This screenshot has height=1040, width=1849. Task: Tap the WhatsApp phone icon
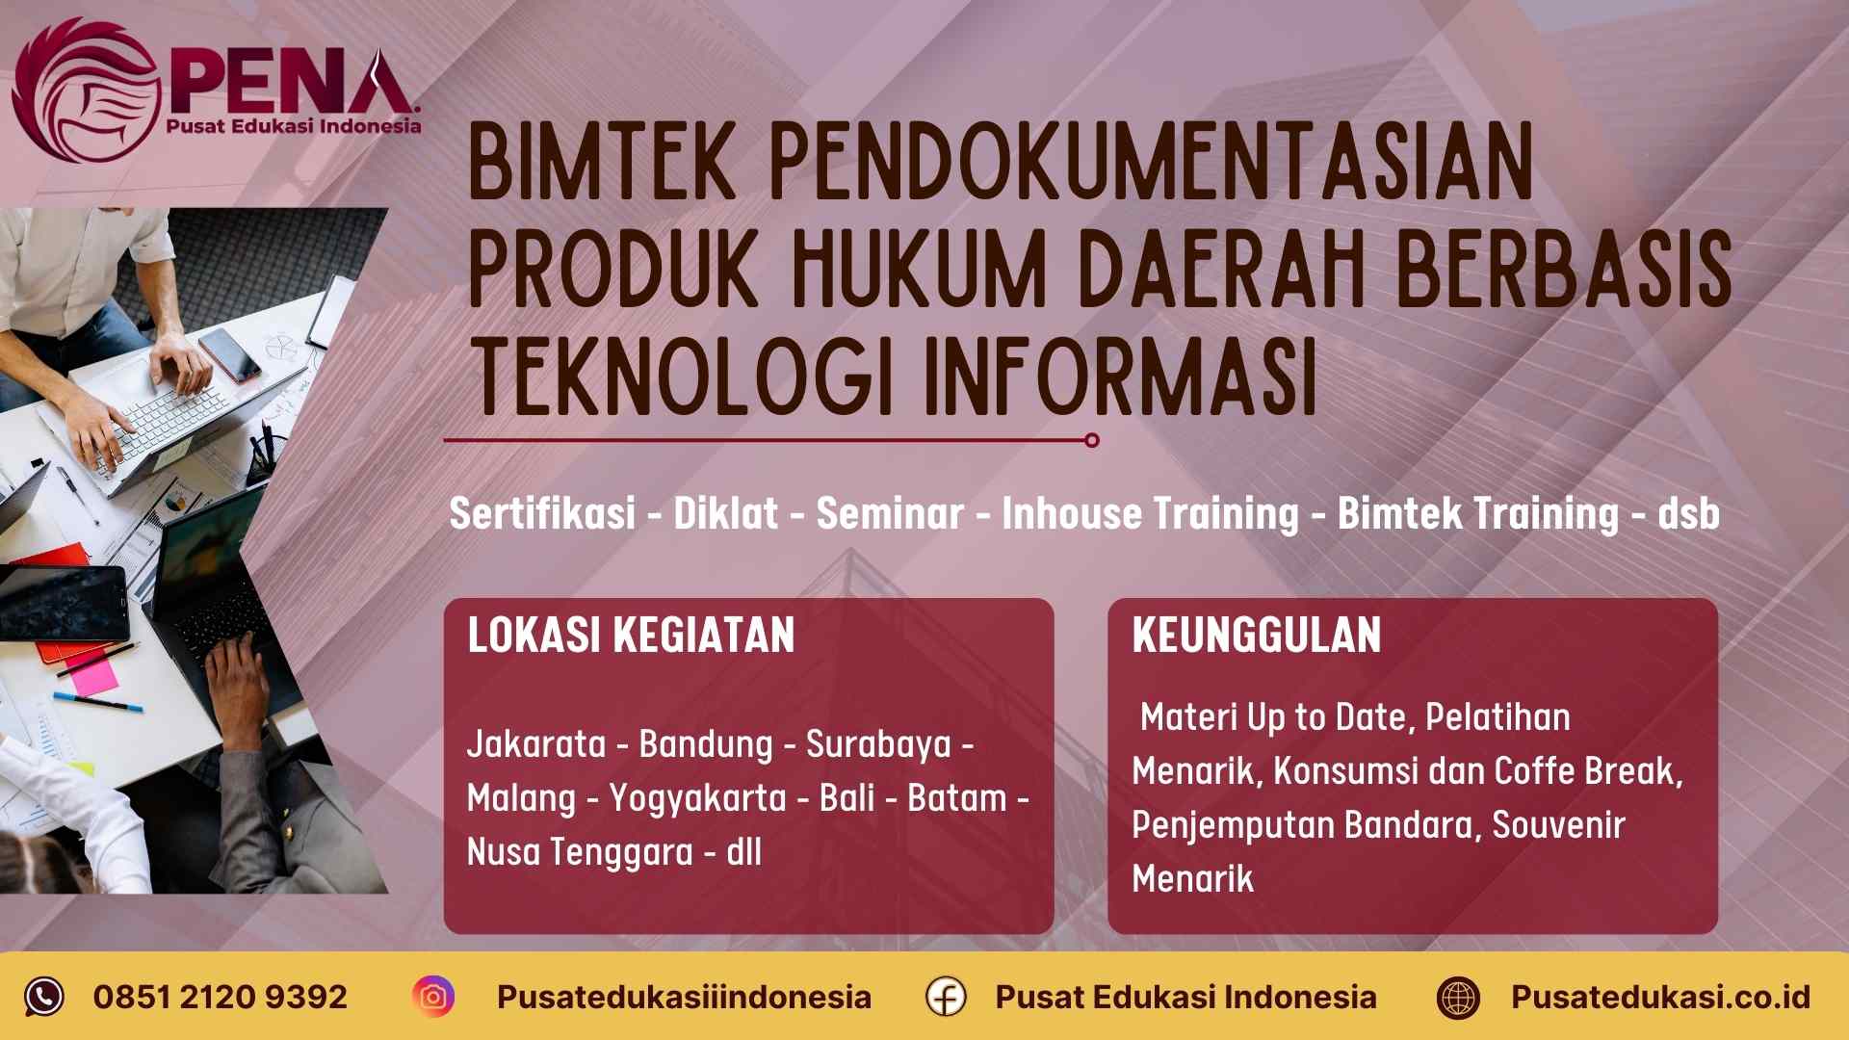click(x=44, y=997)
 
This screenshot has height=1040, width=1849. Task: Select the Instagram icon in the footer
click(x=433, y=997)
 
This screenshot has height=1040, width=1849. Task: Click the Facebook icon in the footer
click(x=946, y=997)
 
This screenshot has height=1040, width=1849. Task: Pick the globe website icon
click(x=1458, y=997)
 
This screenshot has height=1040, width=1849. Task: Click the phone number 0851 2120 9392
click(x=221, y=997)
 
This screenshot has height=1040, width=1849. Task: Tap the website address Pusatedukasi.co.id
click(x=1660, y=997)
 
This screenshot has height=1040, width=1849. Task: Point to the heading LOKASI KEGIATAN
click(x=631, y=636)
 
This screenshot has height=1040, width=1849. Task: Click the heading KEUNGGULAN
click(x=1257, y=636)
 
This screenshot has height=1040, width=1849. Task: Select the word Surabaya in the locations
click(x=878, y=744)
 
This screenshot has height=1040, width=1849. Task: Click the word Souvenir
click(x=1558, y=825)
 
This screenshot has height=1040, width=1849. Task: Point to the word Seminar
click(x=890, y=513)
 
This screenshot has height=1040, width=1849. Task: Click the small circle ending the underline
click(x=1091, y=440)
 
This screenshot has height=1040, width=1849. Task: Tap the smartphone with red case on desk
click(x=229, y=355)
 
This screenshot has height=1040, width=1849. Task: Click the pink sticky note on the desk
click(x=92, y=674)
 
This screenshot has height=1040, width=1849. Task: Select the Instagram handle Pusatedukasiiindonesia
click(x=684, y=997)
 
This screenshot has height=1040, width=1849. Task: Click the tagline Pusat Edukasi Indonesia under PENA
click(x=294, y=126)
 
